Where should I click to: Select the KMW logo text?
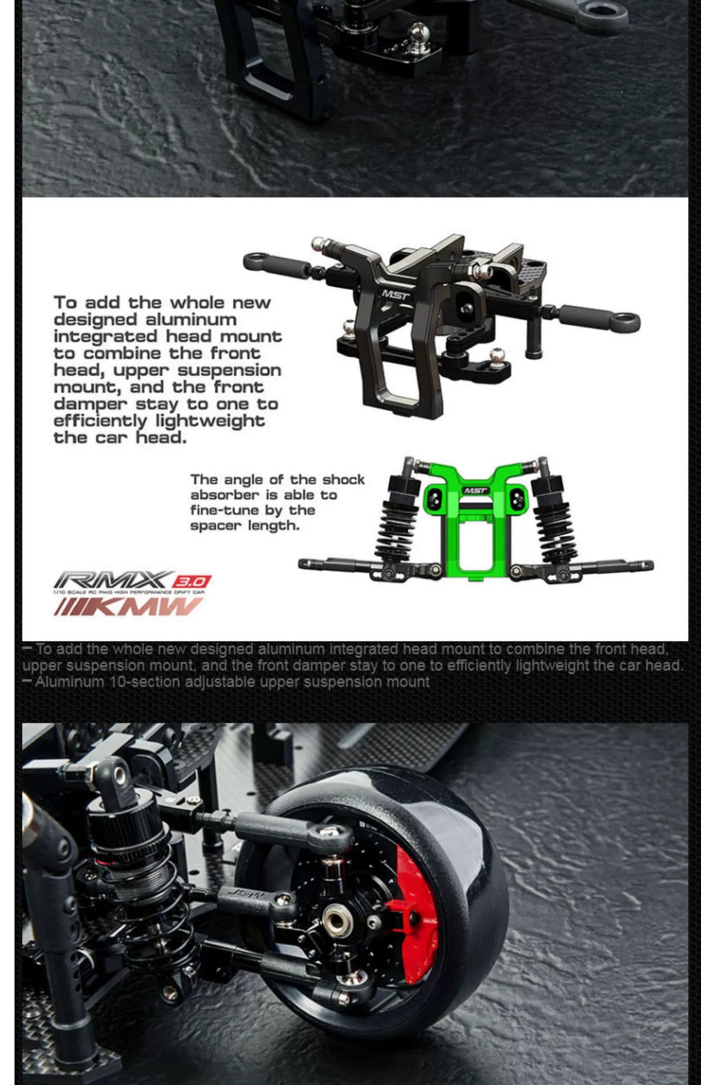pyautogui.click(x=129, y=607)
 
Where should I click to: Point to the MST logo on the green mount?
pyautogui.click(x=475, y=490)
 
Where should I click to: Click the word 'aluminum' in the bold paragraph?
pyautogui.click(x=191, y=320)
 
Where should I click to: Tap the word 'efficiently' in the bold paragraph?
pyautogui.click(x=100, y=421)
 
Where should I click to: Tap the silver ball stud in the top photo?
pyautogui.click(x=418, y=33)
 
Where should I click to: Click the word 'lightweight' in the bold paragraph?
pyautogui.click(x=211, y=421)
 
